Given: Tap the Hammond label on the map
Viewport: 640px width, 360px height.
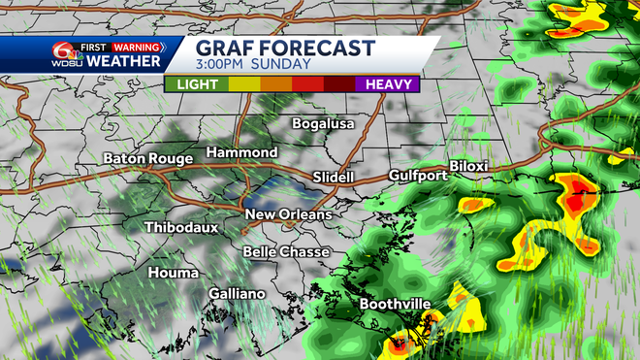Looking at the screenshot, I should [x=241, y=153].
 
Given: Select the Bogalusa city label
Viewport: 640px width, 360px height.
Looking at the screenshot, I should [x=325, y=124].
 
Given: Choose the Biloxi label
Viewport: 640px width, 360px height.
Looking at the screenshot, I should [x=469, y=167].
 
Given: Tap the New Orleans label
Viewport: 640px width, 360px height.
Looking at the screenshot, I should [x=288, y=214].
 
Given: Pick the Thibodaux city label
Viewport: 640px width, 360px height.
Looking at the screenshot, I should [x=181, y=227].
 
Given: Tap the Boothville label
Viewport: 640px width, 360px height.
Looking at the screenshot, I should [x=395, y=305].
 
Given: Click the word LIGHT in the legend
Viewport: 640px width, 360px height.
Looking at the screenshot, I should [x=198, y=83].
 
